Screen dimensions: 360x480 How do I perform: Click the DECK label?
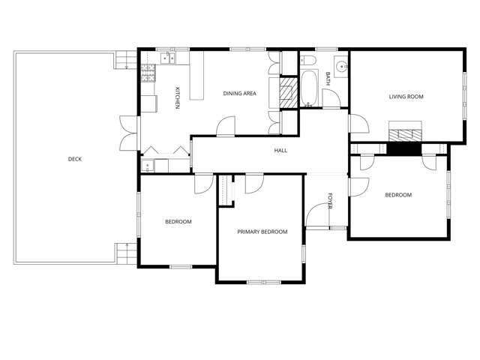click(x=75, y=159)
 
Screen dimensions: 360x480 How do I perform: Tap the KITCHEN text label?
click(x=178, y=98)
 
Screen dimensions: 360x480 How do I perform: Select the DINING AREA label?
click(x=240, y=94)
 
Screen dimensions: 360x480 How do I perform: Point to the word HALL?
click(x=280, y=151)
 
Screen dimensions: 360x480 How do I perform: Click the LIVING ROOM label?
click(x=406, y=96)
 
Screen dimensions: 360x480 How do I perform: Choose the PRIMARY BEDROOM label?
click(x=262, y=232)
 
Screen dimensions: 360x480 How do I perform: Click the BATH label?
click(x=328, y=77)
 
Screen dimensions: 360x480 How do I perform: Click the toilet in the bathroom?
click(x=307, y=61)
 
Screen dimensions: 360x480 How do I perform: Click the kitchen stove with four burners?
click(x=148, y=73)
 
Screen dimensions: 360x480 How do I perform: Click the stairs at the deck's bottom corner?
click(x=124, y=253)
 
